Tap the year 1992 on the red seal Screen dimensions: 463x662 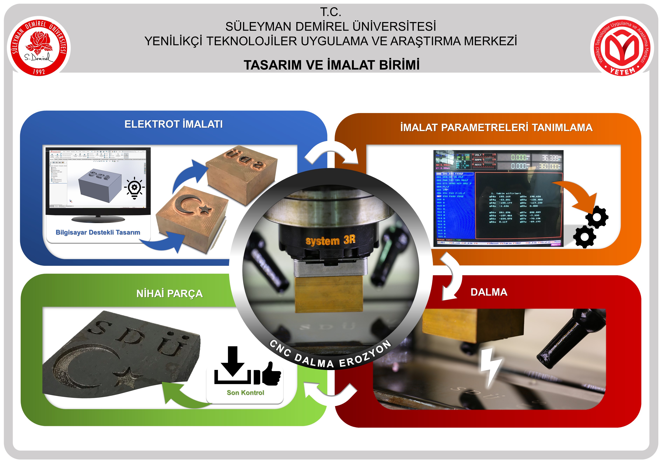click(x=39, y=71)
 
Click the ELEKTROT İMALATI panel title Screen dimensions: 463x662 click(x=174, y=124)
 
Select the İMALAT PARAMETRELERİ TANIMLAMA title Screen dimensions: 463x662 click(x=496, y=127)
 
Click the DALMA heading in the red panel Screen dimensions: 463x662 click(x=489, y=292)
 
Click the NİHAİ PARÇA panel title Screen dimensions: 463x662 click(x=170, y=294)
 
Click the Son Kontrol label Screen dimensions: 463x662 click(x=245, y=392)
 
